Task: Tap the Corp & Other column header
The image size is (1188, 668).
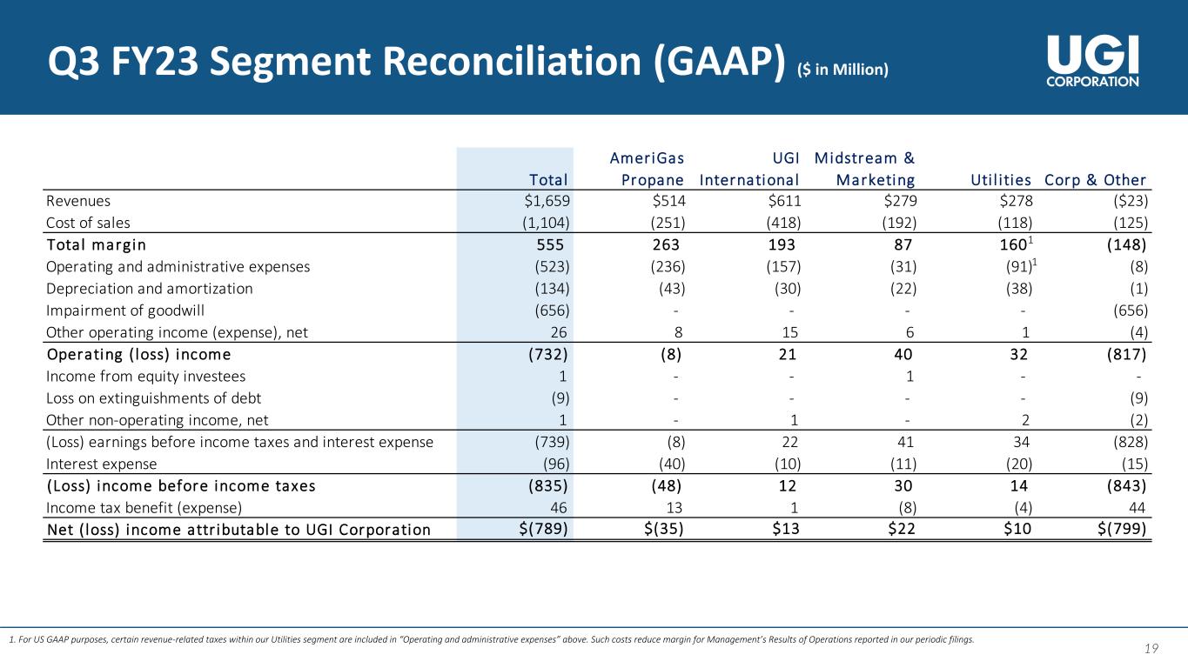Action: [1095, 180]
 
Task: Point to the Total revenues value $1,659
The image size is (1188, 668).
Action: [543, 202]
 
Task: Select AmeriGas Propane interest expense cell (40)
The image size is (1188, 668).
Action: [666, 464]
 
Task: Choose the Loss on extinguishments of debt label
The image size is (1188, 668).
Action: [153, 398]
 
